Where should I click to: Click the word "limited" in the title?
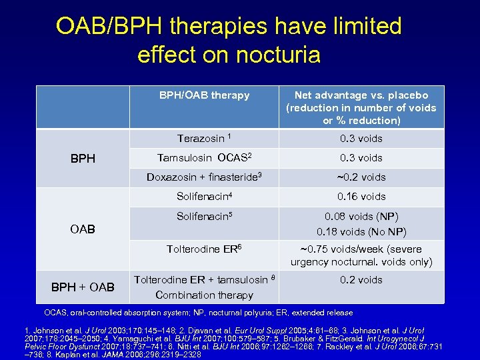click(x=360, y=26)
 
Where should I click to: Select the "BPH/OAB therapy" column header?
click(x=204, y=95)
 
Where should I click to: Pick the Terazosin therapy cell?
click(x=204, y=139)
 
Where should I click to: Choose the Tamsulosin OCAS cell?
click(x=204, y=158)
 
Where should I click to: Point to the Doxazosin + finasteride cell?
click(x=204, y=177)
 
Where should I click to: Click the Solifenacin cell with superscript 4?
click(x=204, y=197)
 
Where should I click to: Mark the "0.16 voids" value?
click(x=361, y=197)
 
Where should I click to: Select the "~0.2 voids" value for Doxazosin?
click(x=361, y=177)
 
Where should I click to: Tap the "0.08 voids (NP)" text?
click(x=361, y=217)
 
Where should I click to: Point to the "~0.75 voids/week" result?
click(x=361, y=249)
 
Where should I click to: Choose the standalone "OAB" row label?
click(x=83, y=229)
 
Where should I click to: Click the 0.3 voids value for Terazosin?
click(x=361, y=139)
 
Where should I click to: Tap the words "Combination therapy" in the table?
click(x=204, y=295)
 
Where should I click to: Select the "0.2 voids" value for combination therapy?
click(x=361, y=280)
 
